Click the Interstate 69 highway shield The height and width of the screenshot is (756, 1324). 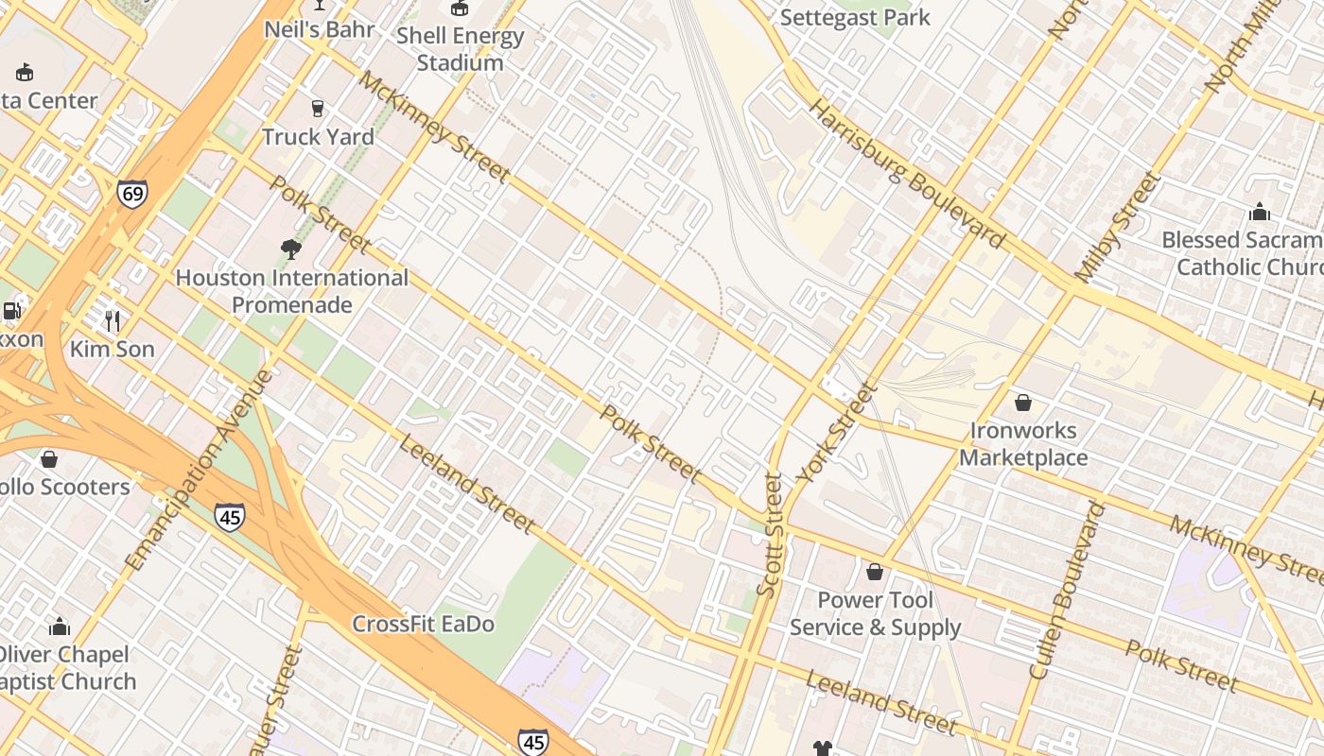[x=132, y=194]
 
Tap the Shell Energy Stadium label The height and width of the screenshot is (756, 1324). [x=460, y=50]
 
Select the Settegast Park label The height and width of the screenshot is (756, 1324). [x=855, y=17]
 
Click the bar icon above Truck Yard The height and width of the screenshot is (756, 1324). [x=318, y=109]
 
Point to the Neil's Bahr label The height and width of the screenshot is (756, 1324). [x=319, y=29]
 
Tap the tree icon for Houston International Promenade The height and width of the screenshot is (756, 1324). [x=291, y=249]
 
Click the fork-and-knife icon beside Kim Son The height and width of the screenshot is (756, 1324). [x=113, y=321]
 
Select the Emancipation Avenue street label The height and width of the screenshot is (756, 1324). [x=199, y=471]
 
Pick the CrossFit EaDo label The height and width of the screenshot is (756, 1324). [x=424, y=624]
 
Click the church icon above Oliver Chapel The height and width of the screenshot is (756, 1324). [x=60, y=627]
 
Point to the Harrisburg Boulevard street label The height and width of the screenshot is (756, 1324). [x=907, y=174]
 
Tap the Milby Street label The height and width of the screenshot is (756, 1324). [x=1117, y=227]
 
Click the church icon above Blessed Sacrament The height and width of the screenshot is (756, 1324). [x=1259, y=212]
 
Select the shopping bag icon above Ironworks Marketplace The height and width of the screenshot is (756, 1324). [x=1022, y=403]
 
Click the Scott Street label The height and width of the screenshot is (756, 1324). [x=771, y=535]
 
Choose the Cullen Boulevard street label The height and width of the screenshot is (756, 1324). [x=1068, y=591]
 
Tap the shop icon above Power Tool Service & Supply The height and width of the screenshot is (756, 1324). [x=875, y=572]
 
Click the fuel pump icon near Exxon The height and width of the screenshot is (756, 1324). [x=11, y=310]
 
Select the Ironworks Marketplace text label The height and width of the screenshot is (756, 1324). [x=1023, y=444]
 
